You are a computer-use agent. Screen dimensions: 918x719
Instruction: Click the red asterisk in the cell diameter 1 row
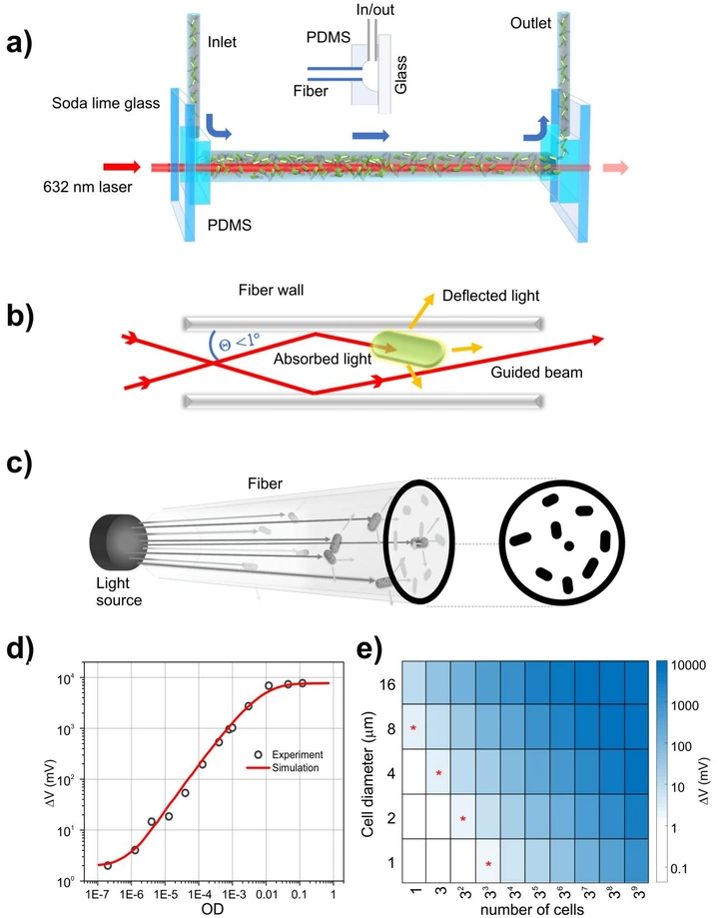[488, 864]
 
